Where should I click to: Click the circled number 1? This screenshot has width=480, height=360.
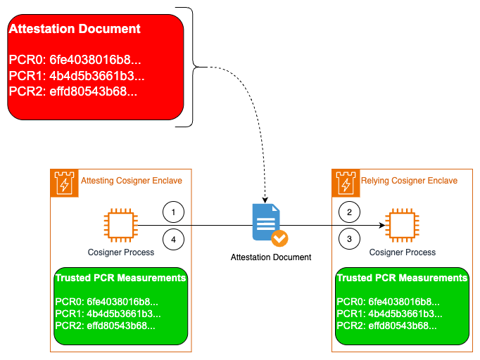[174, 212]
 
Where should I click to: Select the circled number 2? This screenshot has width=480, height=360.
[350, 212]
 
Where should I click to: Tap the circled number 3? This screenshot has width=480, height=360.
[350, 240]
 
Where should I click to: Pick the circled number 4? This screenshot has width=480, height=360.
[174, 240]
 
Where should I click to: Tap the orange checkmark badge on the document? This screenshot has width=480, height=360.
[279, 238]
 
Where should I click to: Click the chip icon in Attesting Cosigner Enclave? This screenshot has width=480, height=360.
[117, 224]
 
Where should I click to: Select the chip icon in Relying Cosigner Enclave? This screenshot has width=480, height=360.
[402, 224]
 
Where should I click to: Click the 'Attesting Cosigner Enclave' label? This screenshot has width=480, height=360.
[132, 181]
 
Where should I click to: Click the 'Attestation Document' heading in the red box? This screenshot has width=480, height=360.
[75, 30]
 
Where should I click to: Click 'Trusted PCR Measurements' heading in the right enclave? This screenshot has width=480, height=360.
[402, 278]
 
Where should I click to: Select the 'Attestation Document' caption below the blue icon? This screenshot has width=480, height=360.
[271, 257]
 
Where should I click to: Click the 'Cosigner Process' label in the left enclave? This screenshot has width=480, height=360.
[120, 252]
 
